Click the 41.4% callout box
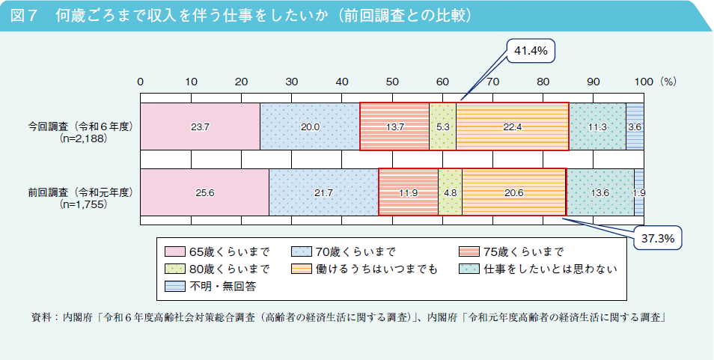531,52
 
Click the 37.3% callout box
659,239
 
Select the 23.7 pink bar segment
200,127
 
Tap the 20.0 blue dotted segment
310,127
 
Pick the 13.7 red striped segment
394,127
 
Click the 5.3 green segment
442,127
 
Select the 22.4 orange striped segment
513,127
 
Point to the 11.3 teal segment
597,127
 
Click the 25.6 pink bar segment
204,192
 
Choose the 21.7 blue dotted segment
323,192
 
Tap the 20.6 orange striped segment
514,192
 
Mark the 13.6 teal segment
600,192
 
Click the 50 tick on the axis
392,81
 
